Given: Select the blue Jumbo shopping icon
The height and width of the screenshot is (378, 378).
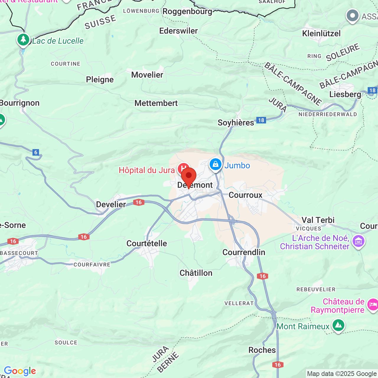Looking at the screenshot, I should [216, 164].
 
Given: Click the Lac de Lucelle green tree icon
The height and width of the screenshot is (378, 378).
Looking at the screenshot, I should [23, 40].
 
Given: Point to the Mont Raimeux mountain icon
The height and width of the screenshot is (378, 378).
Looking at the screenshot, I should [338, 325].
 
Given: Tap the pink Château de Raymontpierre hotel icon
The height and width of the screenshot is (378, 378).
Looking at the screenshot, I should [373, 304].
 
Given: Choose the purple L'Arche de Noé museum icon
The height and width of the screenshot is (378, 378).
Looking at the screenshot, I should [359, 241].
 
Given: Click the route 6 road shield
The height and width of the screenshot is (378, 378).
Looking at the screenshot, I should [36, 152].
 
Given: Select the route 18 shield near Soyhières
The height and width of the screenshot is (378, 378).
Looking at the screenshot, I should [261, 120].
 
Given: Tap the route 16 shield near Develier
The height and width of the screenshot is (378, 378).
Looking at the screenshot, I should [139, 202].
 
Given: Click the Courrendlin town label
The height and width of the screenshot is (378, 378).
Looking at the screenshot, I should [244, 252].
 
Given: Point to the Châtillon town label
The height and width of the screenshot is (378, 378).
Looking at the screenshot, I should [196, 273].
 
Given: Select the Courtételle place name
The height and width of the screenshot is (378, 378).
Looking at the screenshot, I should [147, 243].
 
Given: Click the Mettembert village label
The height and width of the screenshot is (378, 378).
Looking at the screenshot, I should [156, 103].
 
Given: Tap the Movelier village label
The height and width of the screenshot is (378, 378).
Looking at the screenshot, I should [147, 75].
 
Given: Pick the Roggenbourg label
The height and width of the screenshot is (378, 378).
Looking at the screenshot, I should [187, 12].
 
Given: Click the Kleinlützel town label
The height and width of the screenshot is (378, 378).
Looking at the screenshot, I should [321, 33].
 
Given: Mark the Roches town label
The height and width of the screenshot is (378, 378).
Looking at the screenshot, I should [262, 350].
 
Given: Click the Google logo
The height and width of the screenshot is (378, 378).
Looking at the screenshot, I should [20, 371].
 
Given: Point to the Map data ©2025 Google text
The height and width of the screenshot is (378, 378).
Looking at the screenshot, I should [342, 374].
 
